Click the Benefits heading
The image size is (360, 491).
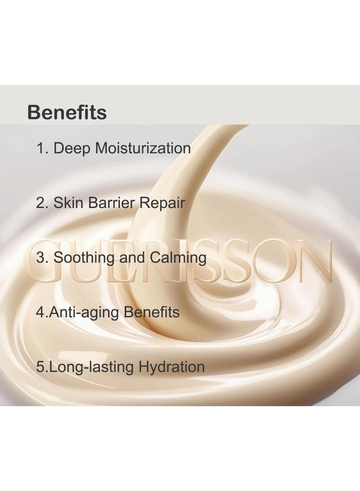67,112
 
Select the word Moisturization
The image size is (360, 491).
143,148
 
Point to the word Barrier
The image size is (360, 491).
112,203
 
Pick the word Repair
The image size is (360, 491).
162,203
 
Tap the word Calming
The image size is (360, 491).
178,258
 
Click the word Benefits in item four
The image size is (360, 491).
152,312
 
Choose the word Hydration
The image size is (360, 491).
171,367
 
